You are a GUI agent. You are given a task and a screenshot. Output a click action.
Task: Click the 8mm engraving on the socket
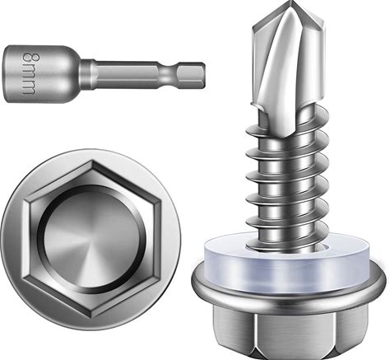[x=29, y=74]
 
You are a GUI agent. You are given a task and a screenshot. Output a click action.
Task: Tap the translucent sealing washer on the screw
[x=287, y=262]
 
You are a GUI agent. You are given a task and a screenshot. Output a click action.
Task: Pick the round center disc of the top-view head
[x=91, y=237]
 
